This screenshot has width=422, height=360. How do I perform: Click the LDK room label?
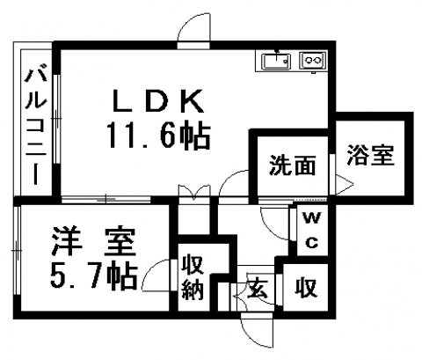point(158,100)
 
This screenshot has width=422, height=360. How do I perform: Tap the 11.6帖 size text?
point(158,136)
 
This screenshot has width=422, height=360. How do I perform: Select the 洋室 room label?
point(93,241)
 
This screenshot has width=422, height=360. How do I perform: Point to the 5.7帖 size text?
point(93,276)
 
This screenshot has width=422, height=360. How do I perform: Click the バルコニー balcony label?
point(36,127)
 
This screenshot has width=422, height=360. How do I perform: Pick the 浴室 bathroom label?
point(370,155)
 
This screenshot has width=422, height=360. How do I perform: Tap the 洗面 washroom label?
point(292,165)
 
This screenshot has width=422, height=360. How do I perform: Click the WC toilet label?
point(312,231)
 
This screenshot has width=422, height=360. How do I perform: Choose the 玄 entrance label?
point(258,289)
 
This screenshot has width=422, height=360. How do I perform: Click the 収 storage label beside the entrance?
point(306,288)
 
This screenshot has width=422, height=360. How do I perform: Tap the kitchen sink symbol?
point(276,62)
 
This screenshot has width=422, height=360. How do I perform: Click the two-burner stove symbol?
point(312,61)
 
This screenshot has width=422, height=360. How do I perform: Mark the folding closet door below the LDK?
point(194,192)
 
